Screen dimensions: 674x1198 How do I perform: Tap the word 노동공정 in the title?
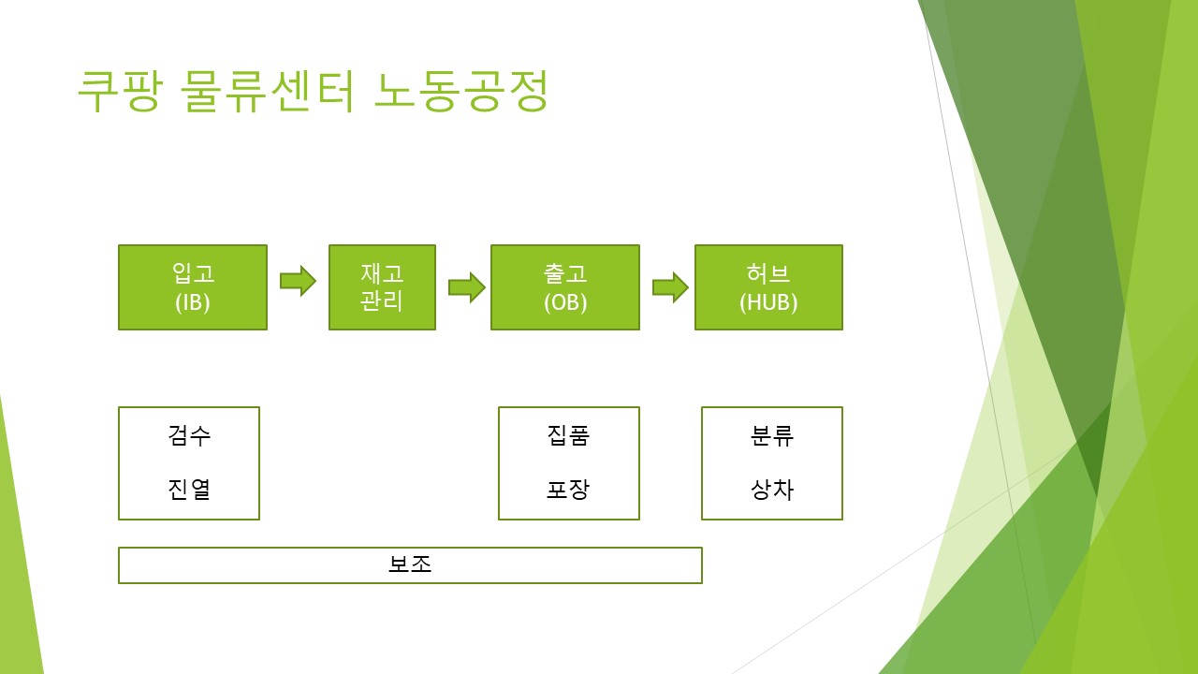point(460,92)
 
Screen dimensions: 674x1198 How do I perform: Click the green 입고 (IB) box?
point(193,286)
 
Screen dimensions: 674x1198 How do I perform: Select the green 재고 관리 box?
point(382,286)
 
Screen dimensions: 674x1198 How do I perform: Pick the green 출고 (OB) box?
point(565,286)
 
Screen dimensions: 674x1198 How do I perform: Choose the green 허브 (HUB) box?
point(768,286)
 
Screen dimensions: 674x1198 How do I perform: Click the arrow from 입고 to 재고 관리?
point(298,281)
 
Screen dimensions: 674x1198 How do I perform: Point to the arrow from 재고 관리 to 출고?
point(466,286)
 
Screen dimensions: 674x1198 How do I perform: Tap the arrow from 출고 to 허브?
point(670,286)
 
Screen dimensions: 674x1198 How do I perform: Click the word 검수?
point(189,435)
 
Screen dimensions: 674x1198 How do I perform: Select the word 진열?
point(189,489)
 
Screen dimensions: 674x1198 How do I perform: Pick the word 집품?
point(568,435)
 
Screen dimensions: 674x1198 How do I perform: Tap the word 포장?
point(568,489)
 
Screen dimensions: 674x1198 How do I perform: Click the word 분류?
point(772,435)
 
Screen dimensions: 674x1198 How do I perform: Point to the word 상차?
point(772,489)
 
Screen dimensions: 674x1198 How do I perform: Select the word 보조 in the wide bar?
point(410,564)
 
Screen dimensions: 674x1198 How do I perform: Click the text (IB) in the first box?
point(193,303)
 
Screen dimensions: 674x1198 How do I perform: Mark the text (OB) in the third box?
point(565,303)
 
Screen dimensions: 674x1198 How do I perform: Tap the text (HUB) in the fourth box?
point(768,303)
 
